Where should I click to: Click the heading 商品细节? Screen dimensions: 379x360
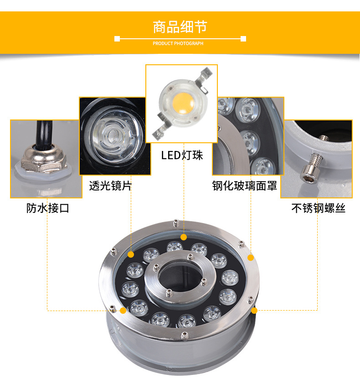[x=180, y=27]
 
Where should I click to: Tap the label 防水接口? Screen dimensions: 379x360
[x=47, y=209]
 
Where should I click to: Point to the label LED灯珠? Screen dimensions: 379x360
[x=182, y=155]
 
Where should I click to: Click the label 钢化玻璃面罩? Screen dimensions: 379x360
[x=245, y=186]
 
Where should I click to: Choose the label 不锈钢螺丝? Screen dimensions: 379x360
[x=318, y=209]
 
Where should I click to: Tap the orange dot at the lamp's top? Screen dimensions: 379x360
[x=184, y=237]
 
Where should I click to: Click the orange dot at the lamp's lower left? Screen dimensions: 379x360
[x=123, y=311]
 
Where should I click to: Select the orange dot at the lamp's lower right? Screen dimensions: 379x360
[x=254, y=311]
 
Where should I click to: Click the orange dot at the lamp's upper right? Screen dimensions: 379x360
[x=250, y=258]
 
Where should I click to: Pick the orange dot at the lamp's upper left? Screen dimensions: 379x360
[x=131, y=254]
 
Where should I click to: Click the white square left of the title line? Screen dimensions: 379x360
[x=117, y=39]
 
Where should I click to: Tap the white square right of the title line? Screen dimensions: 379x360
[x=243, y=39]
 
